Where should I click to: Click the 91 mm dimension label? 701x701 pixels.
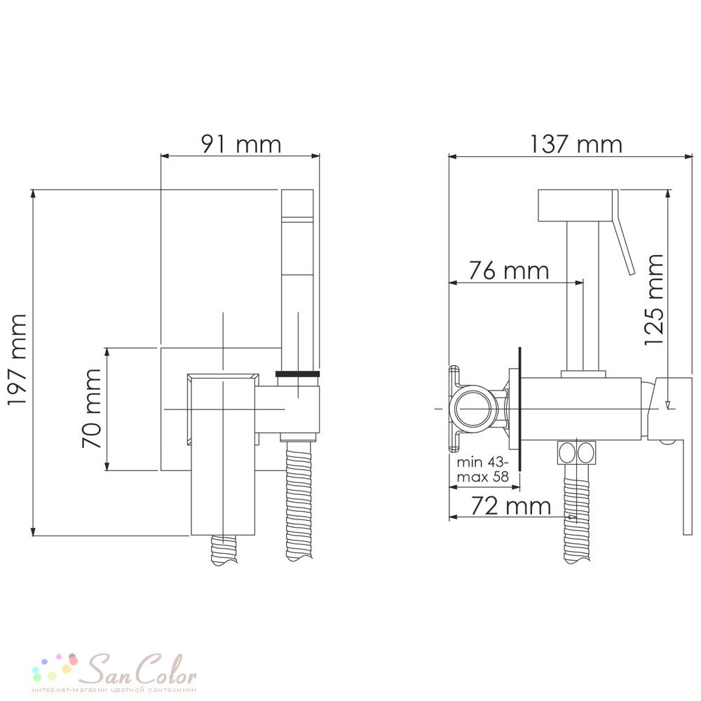pyautogui.click(x=241, y=144)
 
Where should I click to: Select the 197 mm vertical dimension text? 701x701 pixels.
pyautogui.click(x=18, y=359)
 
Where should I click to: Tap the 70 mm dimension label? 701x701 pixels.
pyautogui.click(x=92, y=407)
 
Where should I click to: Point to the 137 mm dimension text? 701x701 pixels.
pyautogui.click(x=576, y=144)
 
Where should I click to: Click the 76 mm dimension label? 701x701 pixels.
pyautogui.click(x=509, y=271)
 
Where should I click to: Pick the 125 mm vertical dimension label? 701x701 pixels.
pyautogui.click(x=653, y=299)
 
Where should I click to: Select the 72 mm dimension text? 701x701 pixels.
pyautogui.click(x=511, y=506)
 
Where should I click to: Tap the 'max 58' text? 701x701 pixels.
pyautogui.click(x=483, y=477)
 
